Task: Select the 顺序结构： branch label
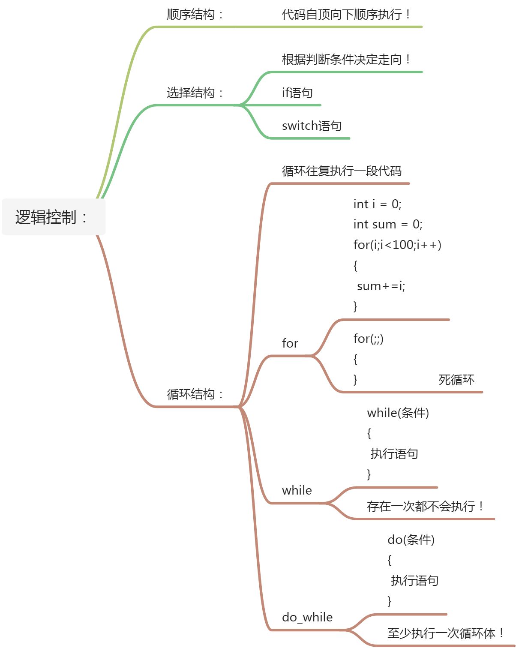[x=195, y=15]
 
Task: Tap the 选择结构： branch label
[x=195, y=93]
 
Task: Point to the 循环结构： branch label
[x=195, y=394]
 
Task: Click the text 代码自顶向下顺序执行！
[x=346, y=15]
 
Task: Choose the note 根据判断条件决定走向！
[x=346, y=60]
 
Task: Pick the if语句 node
[x=297, y=93]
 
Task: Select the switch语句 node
[x=312, y=126]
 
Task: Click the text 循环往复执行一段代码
[x=342, y=171]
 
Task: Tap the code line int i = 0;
[x=377, y=204]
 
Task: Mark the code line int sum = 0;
[x=388, y=224]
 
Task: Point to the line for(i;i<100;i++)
[x=397, y=245]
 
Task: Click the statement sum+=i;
[x=381, y=286]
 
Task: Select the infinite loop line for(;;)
[x=368, y=339]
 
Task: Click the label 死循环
[x=456, y=380]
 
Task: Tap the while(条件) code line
[x=398, y=413]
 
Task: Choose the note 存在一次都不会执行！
[x=426, y=507]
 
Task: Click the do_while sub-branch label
[x=307, y=617]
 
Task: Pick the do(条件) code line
[x=411, y=540]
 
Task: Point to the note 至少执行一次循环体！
[x=446, y=633]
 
